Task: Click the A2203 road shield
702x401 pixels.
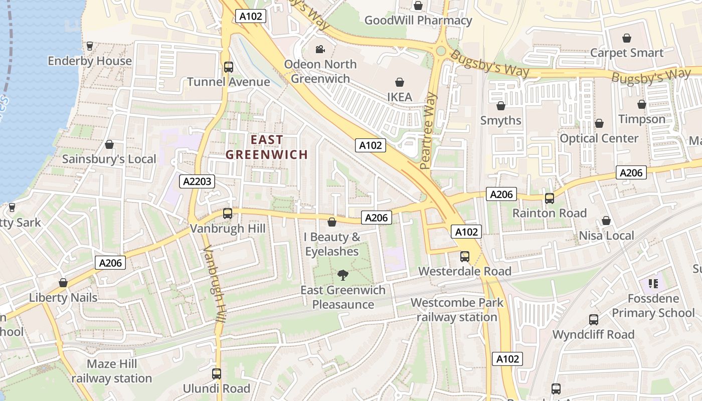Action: (x=197, y=181)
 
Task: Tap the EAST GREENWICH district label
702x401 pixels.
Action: (x=266, y=147)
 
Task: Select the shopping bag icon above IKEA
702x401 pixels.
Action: (x=400, y=82)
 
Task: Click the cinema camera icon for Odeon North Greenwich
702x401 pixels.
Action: (x=320, y=49)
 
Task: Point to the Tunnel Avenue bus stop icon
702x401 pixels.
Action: (x=229, y=67)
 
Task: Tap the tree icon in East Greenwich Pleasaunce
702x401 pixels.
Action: (x=343, y=274)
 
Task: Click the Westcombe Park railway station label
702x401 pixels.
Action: (x=457, y=310)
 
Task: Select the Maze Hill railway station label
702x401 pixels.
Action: (x=111, y=371)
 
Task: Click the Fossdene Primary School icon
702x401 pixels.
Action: (x=653, y=284)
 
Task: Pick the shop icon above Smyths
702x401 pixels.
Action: (x=500, y=106)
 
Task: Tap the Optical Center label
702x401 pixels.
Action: (x=599, y=138)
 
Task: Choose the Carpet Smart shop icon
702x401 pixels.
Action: (x=626, y=38)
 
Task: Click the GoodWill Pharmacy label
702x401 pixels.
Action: (x=418, y=21)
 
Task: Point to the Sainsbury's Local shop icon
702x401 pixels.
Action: (x=109, y=145)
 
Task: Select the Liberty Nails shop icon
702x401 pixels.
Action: (x=63, y=283)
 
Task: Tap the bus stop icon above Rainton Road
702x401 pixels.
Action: (x=550, y=198)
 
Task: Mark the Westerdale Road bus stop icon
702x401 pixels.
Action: (x=465, y=257)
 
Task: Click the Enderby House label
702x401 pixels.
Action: (x=90, y=61)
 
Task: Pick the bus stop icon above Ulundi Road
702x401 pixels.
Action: (x=217, y=373)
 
